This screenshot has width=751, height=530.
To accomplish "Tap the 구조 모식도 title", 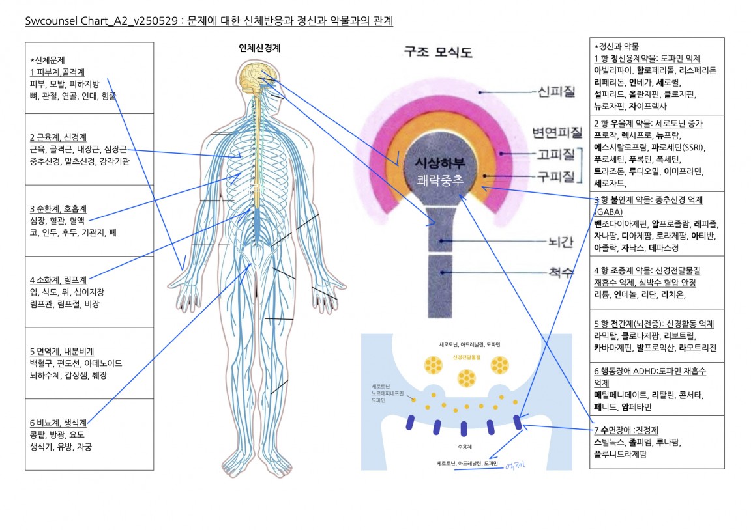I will point(438,51).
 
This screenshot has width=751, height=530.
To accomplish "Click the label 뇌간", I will point(561,242).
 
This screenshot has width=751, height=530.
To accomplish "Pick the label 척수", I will point(561,273).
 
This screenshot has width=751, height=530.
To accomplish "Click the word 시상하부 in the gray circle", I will point(441,163).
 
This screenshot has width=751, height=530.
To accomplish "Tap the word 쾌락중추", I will point(441,180).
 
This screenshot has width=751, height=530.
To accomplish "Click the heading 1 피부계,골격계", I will point(57,72).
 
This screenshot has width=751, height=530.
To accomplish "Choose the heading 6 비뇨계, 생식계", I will point(57,423).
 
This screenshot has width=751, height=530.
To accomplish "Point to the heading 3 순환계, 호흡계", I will point(58,209).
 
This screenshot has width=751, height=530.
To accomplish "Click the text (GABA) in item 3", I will point(608,212).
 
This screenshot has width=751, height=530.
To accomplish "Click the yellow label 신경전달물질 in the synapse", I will point(466,358).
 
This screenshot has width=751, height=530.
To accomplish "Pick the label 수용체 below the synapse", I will point(464,447).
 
